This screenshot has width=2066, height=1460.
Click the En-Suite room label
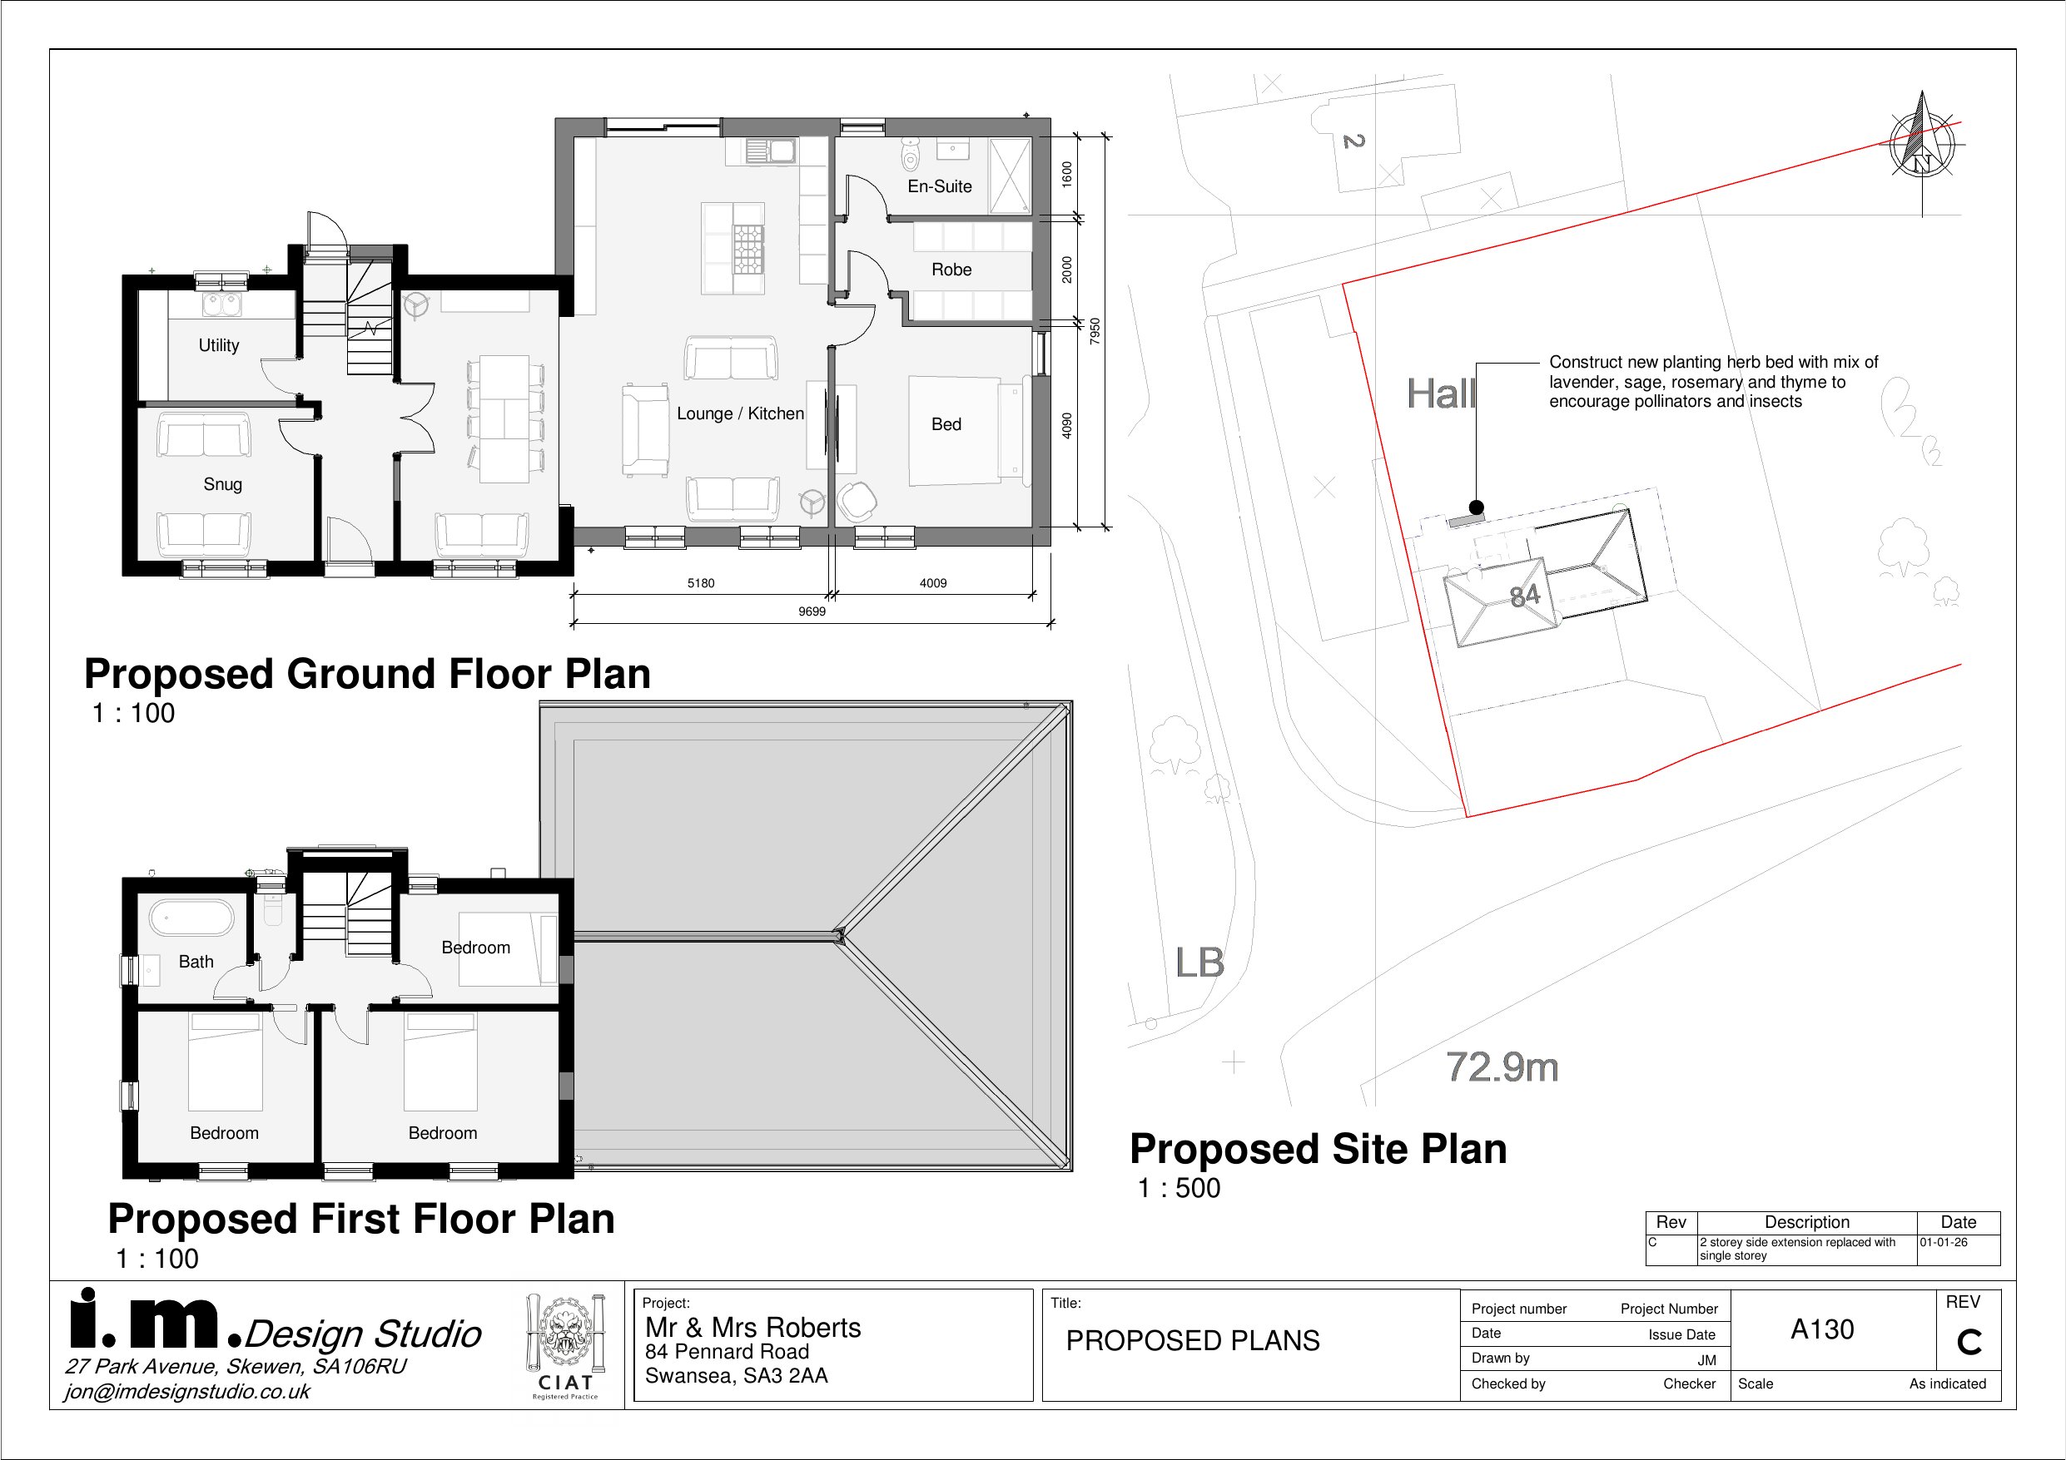coord(940,186)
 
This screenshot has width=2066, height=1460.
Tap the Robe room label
coord(951,269)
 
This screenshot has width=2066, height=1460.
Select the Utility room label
coord(219,345)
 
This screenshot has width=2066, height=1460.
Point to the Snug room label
coord(222,485)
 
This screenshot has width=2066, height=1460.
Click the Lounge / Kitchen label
coord(740,413)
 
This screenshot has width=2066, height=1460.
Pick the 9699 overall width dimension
coord(812,611)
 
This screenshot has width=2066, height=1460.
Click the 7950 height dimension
coord(1095,331)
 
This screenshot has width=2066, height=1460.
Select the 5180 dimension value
coord(701,583)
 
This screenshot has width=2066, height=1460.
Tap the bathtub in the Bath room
coord(191,918)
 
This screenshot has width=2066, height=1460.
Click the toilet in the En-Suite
coord(911,156)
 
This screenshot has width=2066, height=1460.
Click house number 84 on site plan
coord(1524,596)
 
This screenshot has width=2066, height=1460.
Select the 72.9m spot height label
coord(1502,1067)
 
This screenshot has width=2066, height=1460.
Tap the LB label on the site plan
coord(1199,963)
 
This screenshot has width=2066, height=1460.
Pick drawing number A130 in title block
coord(1822,1329)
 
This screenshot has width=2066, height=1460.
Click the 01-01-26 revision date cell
coord(1944,1242)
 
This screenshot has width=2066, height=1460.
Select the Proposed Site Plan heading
coord(1319,1149)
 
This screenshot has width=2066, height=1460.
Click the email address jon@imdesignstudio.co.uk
coord(187,1392)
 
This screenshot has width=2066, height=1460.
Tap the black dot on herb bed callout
coord(1476,507)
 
